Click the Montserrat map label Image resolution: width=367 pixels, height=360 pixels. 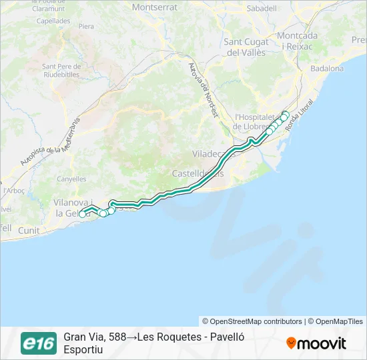click(x=155, y=7)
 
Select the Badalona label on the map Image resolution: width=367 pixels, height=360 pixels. click(x=327, y=69)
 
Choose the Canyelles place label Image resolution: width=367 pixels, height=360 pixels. click(x=71, y=179)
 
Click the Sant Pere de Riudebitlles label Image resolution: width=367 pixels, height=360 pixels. click(x=61, y=71)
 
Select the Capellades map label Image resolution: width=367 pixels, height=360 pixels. click(x=53, y=21)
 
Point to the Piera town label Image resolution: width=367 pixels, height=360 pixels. click(x=87, y=27)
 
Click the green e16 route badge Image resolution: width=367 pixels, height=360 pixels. click(x=39, y=343)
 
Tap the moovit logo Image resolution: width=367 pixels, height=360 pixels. click(x=316, y=343)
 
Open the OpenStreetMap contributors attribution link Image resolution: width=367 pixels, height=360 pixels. click(x=252, y=321)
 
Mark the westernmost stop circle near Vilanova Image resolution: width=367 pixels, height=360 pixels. click(x=83, y=214)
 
